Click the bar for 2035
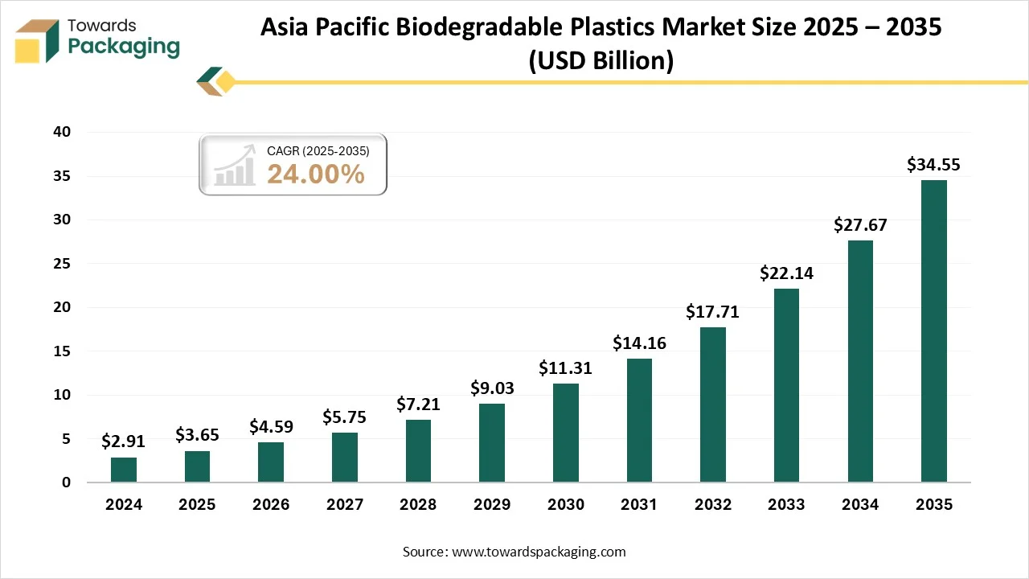(x=933, y=331)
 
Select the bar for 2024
(x=124, y=470)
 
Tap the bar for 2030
(x=566, y=433)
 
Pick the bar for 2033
(x=786, y=385)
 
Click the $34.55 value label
(x=933, y=165)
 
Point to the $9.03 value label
(x=492, y=388)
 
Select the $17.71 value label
(x=712, y=312)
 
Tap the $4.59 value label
(x=271, y=427)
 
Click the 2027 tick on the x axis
(x=344, y=505)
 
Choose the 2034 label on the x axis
(x=859, y=505)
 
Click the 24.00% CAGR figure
(x=316, y=174)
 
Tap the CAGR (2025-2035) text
(x=318, y=150)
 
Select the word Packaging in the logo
(x=124, y=47)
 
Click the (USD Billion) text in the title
(x=601, y=60)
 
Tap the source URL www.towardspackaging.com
(x=539, y=552)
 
